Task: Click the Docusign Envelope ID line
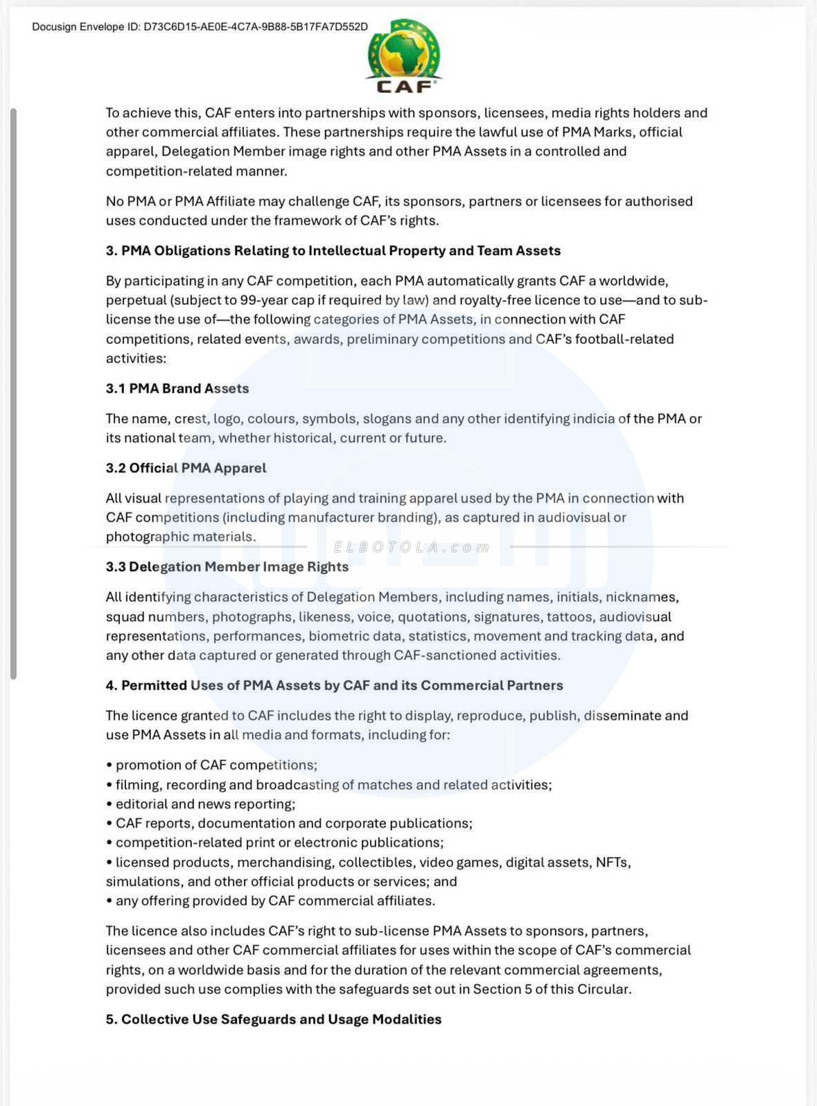point(200,27)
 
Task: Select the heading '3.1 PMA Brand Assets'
point(177,388)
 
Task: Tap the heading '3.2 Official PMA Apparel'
point(186,468)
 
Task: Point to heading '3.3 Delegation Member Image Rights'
point(227,567)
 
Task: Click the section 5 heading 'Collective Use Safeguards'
point(273,1019)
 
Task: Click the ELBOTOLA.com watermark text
point(412,547)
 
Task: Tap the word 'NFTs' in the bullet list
point(612,862)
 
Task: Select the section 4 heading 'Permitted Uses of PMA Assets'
point(334,685)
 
